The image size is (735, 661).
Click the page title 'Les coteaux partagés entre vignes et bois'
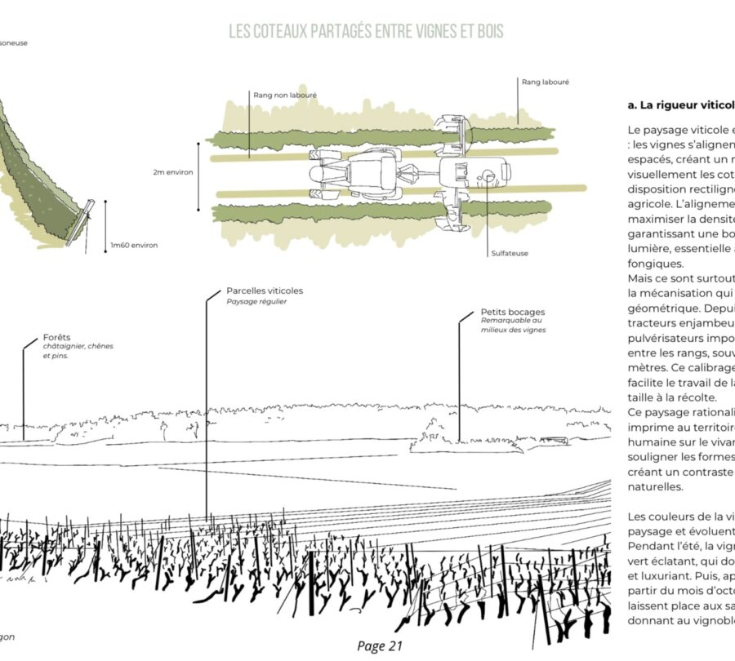pyautogui.click(x=366, y=32)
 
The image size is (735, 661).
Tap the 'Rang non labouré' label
pyautogui.click(x=285, y=95)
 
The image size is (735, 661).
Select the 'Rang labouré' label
pyautogui.click(x=545, y=82)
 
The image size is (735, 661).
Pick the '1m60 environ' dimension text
pyautogui.click(x=134, y=245)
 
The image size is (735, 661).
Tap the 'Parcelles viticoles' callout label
pyautogui.click(x=265, y=291)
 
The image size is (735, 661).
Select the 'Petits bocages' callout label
pyautogui.click(x=513, y=312)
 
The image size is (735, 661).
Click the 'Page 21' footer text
pyautogui.click(x=381, y=645)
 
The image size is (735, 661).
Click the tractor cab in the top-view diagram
pyautogui.click(x=372, y=173)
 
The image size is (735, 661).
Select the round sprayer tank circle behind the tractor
pyautogui.click(x=488, y=175)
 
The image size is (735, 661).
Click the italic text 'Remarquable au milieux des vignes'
pyautogui.click(x=514, y=326)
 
